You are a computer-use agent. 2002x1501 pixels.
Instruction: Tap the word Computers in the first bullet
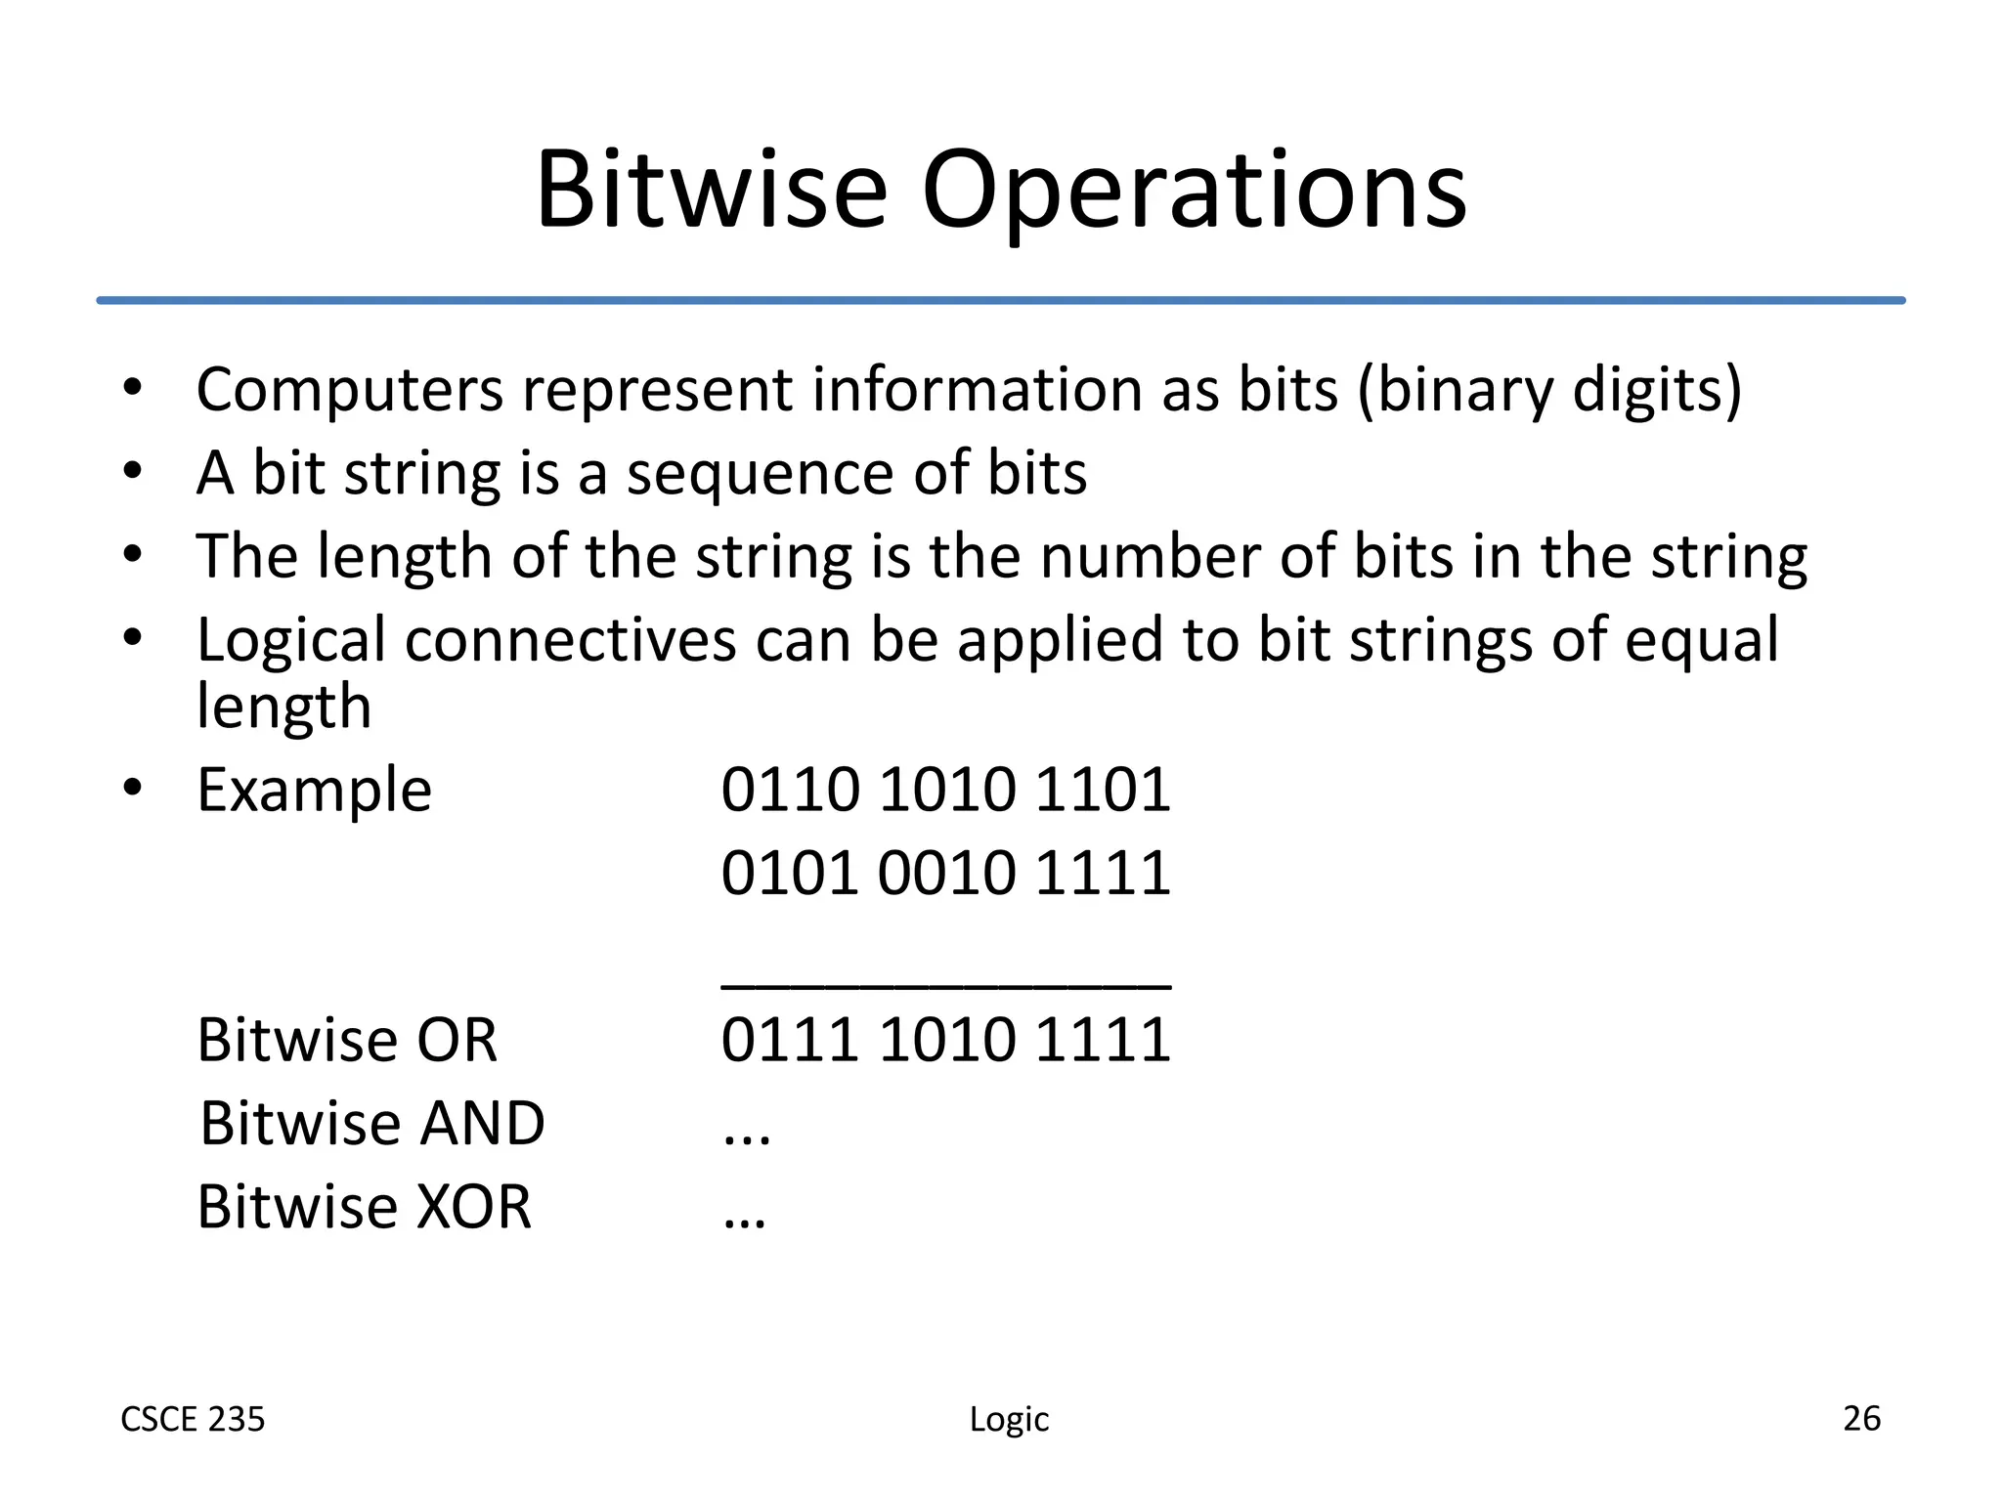pos(350,391)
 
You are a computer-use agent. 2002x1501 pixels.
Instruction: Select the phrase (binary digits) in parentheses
pos(1549,391)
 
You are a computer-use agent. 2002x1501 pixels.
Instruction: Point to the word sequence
pos(760,475)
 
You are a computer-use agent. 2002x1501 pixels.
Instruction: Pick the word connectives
pos(570,641)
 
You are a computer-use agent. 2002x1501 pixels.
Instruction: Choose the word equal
pos(1701,643)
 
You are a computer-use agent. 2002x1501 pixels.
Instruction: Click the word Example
pos(314,790)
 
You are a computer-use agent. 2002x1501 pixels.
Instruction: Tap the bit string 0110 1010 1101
pos(945,790)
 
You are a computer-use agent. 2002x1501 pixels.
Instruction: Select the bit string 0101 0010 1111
pos(945,873)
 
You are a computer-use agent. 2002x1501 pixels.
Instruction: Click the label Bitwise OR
pos(347,1040)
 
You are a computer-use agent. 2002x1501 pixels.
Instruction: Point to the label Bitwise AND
pos(371,1123)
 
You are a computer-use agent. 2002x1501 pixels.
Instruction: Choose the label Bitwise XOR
pos(364,1207)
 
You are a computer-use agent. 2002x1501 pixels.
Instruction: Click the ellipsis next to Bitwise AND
pos(747,1137)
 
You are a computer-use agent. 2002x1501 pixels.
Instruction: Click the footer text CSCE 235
pos(193,1419)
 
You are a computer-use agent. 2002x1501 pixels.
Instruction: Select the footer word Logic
pos(1009,1420)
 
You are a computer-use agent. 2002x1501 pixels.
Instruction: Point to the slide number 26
pos(1861,1418)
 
